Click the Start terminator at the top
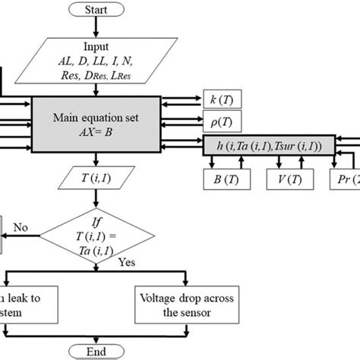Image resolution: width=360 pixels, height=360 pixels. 95,9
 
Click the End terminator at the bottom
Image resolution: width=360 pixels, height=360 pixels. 95,350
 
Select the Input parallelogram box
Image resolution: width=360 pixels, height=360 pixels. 95,62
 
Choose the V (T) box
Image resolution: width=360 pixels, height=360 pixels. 286,180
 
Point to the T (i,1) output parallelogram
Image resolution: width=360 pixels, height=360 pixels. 95,180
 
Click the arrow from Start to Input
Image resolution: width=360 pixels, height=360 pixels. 95,27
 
